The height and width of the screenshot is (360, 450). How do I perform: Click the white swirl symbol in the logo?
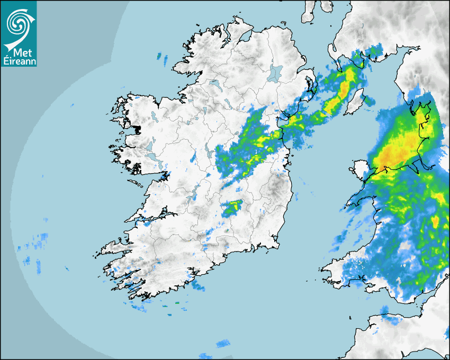pyautogui.click(x=18, y=23)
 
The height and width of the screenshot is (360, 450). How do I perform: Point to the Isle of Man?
pyautogui.click(x=354, y=102)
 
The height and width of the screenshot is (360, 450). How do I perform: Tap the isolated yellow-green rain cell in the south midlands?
pyautogui.click(x=231, y=208)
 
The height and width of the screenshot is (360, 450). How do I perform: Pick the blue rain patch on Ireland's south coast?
pyautogui.click(x=198, y=286)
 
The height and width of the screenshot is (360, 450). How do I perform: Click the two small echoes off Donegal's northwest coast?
pyautogui.click(x=160, y=56)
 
